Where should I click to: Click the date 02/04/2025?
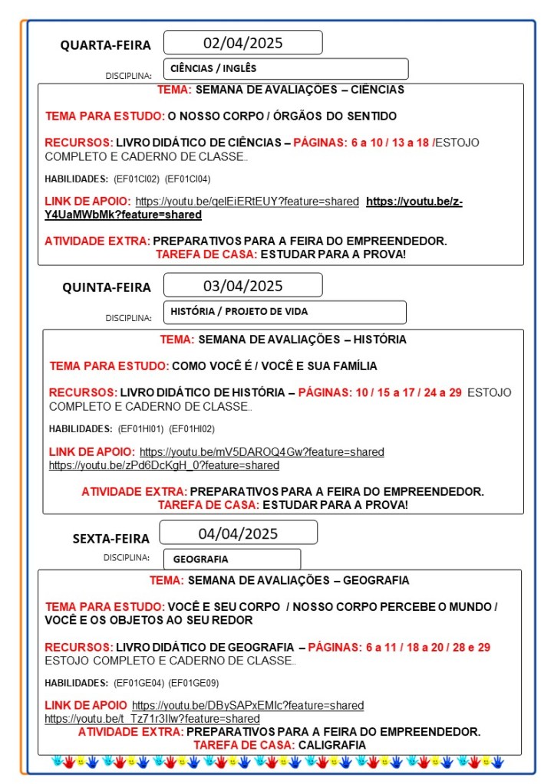point(242,43)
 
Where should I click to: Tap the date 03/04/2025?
point(242,286)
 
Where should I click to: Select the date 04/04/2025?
point(238,533)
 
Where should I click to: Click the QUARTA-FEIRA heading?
point(106,45)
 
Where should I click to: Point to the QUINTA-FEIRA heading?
point(107,287)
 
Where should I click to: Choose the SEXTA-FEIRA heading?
point(111,538)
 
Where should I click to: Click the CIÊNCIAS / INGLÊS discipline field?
point(285,69)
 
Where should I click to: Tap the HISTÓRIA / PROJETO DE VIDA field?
point(284,312)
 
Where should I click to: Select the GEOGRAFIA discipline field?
point(232,559)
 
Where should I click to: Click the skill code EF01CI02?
point(137,179)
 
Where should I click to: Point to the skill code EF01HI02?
point(192,429)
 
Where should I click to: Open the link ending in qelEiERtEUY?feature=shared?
point(247,202)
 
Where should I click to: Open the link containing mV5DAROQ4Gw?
point(262,452)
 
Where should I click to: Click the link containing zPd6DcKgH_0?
point(164,465)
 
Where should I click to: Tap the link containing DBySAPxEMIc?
point(248,705)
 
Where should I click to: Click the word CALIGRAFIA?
point(332,745)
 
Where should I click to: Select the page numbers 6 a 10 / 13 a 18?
point(391,143)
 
